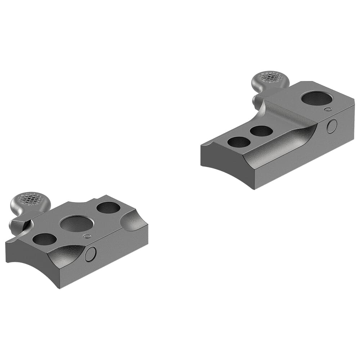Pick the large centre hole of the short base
[x=77, y=224]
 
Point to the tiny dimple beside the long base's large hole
[x=328, y=109]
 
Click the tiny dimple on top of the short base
[x=86, y=236]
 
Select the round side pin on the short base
[x=90, y=254]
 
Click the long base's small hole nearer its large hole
[x=261, y=131]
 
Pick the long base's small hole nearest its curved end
[x=239, y=142]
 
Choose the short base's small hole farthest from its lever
[x=108, y=207]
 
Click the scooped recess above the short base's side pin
[x=68, y=252]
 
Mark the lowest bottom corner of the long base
[x=255, y=189]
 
